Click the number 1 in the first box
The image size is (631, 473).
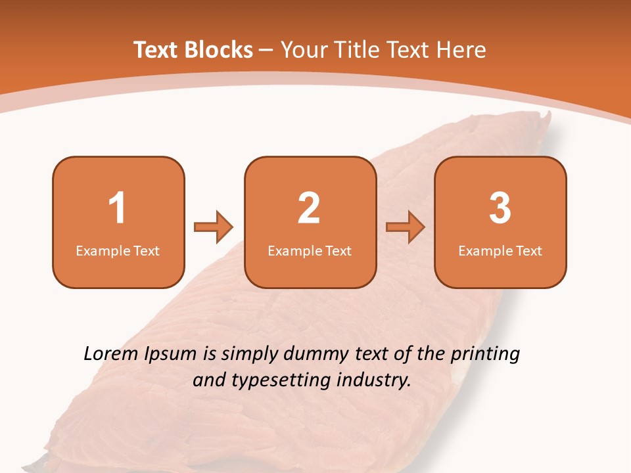point(118,208)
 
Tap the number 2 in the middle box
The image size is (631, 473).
point(309,208)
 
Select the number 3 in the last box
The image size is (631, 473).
point(500,208)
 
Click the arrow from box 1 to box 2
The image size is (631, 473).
point(214,227)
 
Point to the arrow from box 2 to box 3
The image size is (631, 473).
point(406,227)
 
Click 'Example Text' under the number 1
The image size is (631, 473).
point(118,250)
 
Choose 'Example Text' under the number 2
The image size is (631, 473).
point(310,250)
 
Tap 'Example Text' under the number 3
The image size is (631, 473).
point(500,250)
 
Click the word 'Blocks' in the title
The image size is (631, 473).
point(219,50)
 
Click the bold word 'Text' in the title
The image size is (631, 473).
point(157,50)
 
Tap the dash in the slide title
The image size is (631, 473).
point(266,50)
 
